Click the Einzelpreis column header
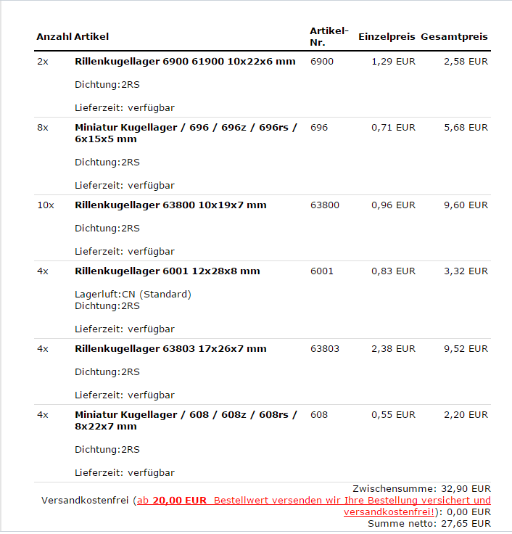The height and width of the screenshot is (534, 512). [387, 36]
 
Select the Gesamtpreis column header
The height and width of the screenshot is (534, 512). [454, 36]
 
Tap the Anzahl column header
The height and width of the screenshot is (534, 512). [54, 36]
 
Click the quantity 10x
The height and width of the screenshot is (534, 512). [45, 205]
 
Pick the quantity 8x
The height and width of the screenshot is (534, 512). [42, 128]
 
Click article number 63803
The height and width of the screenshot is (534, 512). [324, 349]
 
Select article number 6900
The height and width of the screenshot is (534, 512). [321, 62]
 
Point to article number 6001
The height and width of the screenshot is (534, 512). [321, 271]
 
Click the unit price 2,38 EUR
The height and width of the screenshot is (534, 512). [393, 349]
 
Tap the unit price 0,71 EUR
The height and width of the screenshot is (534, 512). [393, 128]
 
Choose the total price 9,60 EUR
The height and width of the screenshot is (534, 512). [466, 205]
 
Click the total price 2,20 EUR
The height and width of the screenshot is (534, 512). [466, 415]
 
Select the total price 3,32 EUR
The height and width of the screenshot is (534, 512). [466, 271]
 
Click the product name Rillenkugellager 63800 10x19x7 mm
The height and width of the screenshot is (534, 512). [170, 205]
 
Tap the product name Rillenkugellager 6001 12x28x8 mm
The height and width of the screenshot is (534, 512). [167, 271]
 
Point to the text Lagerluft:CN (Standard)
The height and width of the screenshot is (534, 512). [133, 295]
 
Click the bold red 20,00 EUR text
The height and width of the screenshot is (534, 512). [180, 501]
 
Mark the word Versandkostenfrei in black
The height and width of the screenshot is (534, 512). [85, 501]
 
